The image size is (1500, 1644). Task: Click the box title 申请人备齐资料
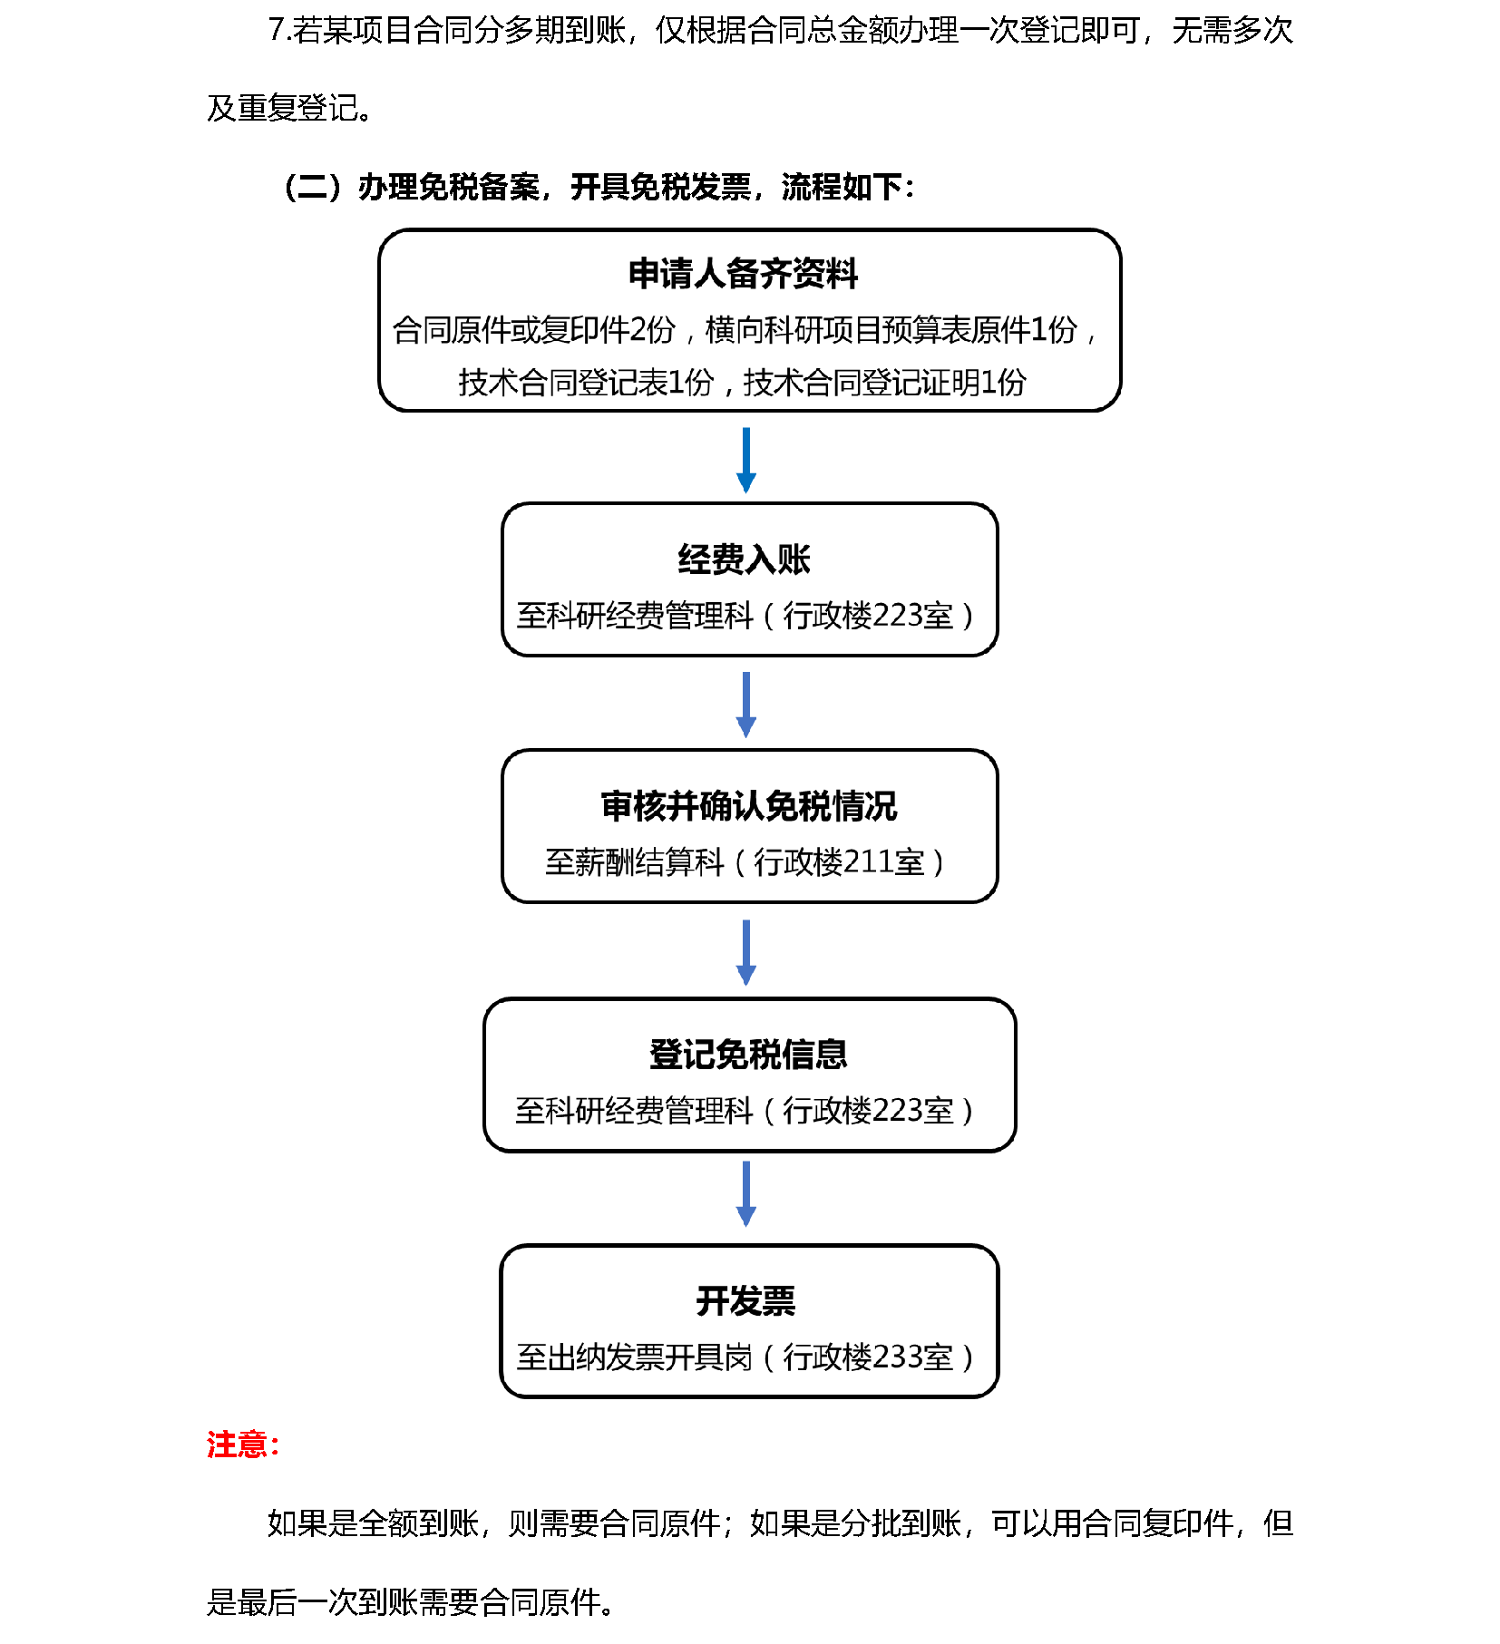coord(743,274)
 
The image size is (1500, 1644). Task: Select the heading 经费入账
coord(745,559)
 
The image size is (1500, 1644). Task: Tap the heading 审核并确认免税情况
coord(749,806)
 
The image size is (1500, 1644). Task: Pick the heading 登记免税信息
coord(749,1054)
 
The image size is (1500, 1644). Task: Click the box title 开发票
coord(745,1301)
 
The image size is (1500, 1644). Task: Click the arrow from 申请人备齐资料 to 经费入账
coord(746,461)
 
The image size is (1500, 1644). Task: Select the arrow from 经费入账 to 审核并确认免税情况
coord(746,705)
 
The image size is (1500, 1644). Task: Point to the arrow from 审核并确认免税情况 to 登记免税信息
coord(746,952)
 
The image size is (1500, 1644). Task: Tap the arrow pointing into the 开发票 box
coord(746,1194)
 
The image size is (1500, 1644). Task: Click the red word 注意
coord(237,1445)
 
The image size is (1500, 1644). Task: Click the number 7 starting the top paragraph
coord(277,31)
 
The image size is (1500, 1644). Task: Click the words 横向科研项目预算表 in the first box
coord(838,330)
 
